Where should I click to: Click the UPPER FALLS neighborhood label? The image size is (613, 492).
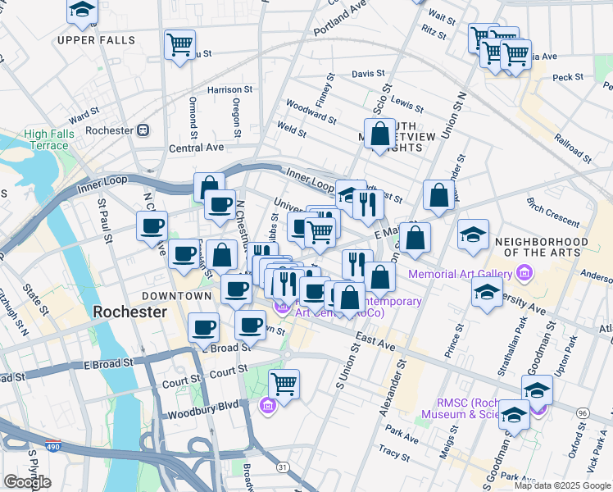tap(90, 39)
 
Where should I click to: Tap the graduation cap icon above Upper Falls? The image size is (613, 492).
tap(81, 10)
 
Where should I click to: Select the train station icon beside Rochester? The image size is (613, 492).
tap(143, 130)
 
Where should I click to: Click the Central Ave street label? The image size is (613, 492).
tap(196, 148)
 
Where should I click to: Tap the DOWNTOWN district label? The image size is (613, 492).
tap(176, 295)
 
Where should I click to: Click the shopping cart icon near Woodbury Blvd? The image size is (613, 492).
tap(284, 383)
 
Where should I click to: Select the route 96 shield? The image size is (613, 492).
tap(583, 412)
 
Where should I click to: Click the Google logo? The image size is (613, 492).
tap(27, 481)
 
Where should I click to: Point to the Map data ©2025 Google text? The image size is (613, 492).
tap(562, 485)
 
